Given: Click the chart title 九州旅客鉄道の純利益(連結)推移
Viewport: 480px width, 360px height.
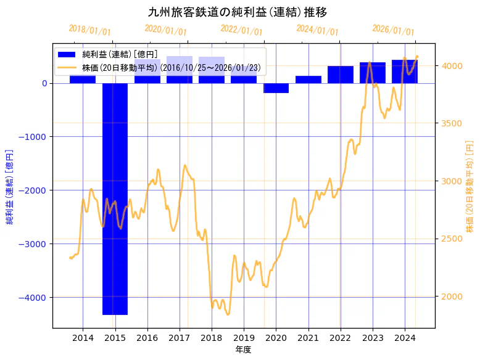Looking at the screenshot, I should [x=238, y=12].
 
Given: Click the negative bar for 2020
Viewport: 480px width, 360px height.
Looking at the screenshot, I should [x=276, y=88].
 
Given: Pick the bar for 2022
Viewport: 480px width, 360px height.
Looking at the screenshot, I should [x=340, y=75].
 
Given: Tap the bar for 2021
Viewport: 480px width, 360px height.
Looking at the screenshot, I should [x=308, y=80].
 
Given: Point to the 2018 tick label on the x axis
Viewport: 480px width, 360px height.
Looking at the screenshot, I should [x=212, y=338].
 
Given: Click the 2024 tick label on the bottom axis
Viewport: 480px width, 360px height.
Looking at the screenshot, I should [x=405, y=338].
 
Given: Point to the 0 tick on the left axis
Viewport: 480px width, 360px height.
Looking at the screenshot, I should [x=44, y=83].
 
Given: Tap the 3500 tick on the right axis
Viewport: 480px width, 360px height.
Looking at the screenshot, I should [x=450, y=123].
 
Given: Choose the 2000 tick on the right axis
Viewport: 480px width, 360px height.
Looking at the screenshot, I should [x=450, y=297].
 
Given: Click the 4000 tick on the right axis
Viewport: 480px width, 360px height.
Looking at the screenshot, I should [x=450, y=66].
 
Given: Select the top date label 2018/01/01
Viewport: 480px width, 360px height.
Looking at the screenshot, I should [x=90, y=30].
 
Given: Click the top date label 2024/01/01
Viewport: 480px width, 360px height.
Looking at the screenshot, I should [x=318, y=30].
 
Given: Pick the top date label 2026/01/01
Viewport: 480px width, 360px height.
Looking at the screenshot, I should [x=394, y=30].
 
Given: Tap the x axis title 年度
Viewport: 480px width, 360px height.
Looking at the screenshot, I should [x=243, y=350].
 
